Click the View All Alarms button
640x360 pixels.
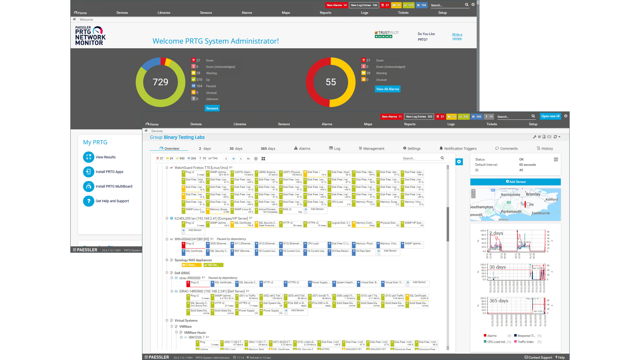tap(387, 89)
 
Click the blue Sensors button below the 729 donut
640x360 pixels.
tap(212, 108)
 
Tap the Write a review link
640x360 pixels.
tap(457, 36)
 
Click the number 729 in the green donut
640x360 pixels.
tap(160, 82)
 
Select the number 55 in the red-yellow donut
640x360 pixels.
tap(330, 82)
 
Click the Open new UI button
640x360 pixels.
tap(550, 116)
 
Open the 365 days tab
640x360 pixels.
tap(268, 148)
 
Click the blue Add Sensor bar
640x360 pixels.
tap(515, 182)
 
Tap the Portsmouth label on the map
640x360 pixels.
tap(511, 212)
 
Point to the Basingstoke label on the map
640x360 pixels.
tap(510, 194)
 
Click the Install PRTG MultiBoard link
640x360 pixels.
tap(114, 186)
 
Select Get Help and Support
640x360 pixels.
tap(112, 201)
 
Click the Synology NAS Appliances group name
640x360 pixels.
tap(193, 260)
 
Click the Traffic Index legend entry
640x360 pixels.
tap(525, 342)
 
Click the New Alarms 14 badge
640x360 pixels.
tap(336, 5)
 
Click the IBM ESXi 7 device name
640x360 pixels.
tap(196, 337)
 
